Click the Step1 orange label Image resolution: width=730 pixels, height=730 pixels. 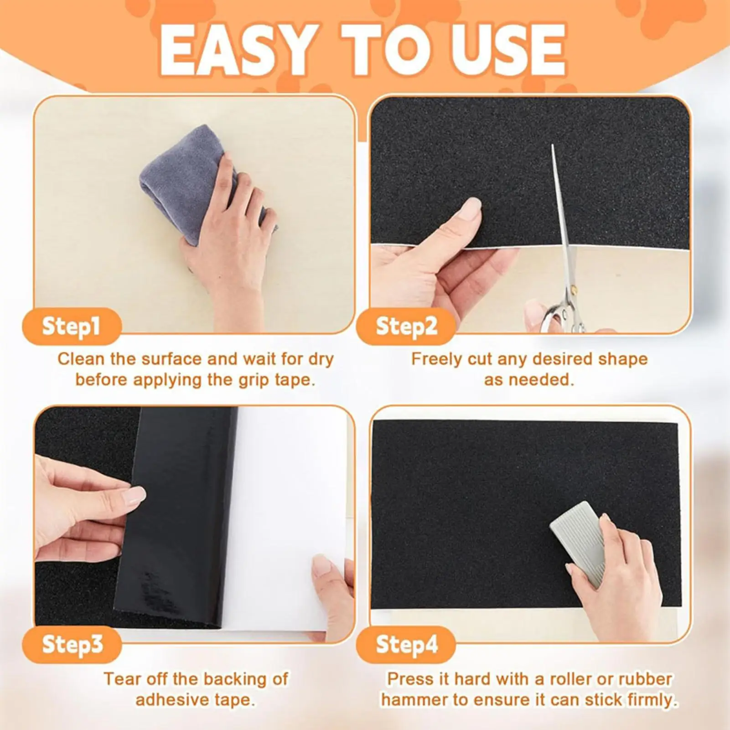71,326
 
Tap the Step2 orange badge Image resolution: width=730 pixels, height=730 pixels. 406,326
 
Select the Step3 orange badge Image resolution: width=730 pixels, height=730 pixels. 72,645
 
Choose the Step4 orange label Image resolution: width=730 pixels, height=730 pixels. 406,645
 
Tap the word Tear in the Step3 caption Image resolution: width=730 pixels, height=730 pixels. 121,679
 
